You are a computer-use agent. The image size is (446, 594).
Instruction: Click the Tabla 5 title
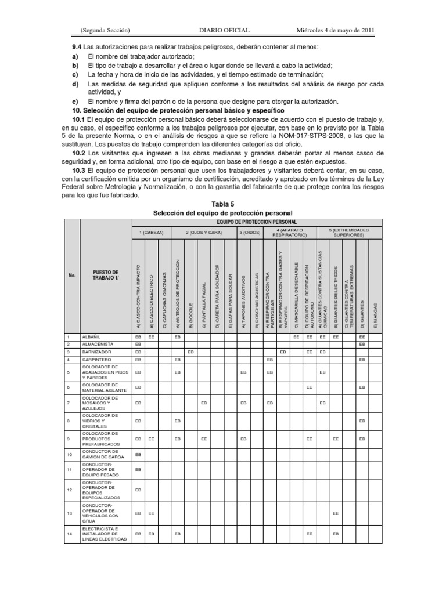[222, 204]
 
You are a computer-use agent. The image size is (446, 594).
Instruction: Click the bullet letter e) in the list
[75, 101]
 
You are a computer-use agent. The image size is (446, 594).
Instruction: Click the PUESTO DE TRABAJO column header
[106, 275]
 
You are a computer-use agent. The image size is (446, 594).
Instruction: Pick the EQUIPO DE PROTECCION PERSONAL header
[256, 222]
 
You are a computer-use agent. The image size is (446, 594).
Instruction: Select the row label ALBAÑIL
[93, 336]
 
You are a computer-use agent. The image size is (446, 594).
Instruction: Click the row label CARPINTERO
[96, 359]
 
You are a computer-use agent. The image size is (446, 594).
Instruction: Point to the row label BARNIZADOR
[96, 352]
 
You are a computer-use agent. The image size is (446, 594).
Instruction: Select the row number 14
[69, 534]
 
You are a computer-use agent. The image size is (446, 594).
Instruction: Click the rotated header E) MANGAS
[375, 312]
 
